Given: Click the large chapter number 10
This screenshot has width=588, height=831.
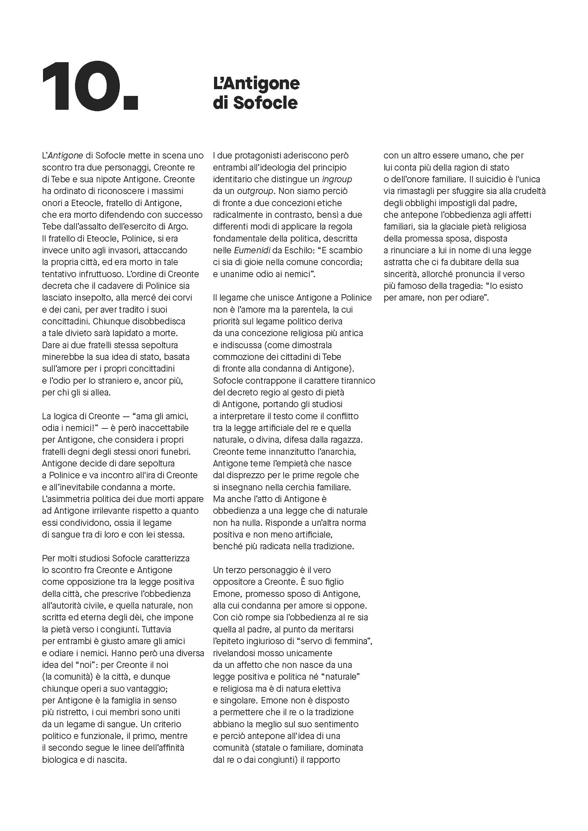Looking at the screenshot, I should coord(90,86).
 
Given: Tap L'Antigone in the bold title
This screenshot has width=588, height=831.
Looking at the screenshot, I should coord(256,83).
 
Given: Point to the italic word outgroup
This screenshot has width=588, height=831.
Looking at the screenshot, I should coord(255,191).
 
